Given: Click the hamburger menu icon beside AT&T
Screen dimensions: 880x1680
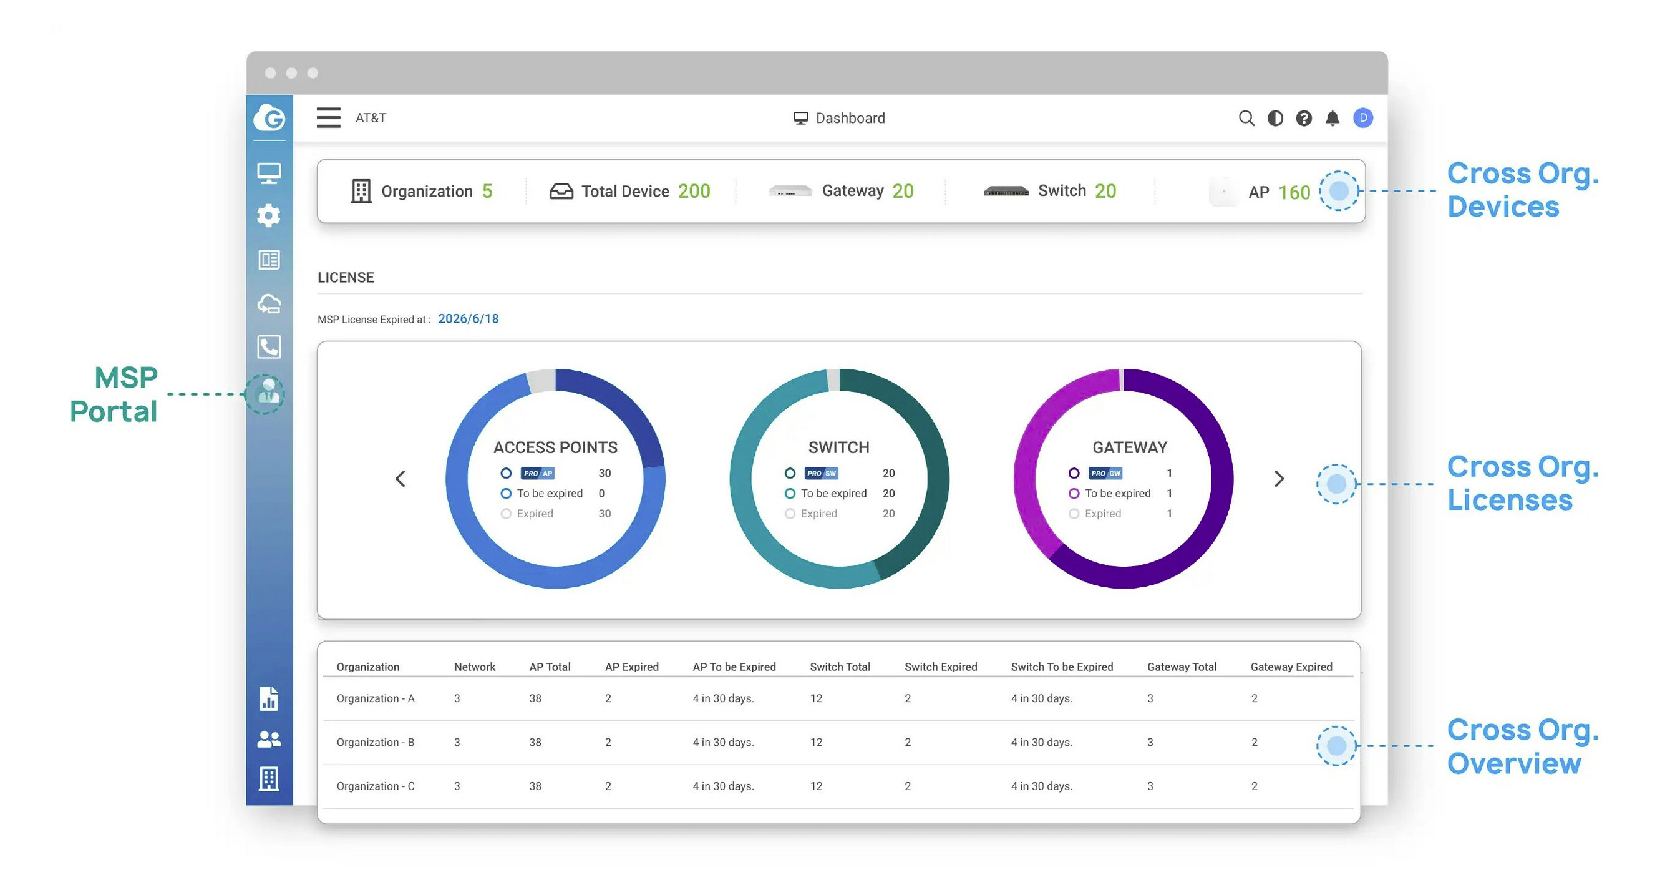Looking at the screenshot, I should tap(328, 118).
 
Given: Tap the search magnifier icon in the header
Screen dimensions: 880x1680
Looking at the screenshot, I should tap(1246, 118).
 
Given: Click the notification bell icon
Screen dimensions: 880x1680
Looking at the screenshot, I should tap(1333, 118).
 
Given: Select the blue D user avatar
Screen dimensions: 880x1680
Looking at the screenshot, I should tap(1362, 118).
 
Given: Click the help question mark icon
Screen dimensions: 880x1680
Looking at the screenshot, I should tap(1304, 118).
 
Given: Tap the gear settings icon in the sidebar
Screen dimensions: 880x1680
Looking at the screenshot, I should tap(269, 216).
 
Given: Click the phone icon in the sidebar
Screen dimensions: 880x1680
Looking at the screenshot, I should tap(269, 346).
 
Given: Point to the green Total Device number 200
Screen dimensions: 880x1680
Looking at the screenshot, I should tap(694, 191).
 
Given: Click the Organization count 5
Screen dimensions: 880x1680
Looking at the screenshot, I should tap(487, 191).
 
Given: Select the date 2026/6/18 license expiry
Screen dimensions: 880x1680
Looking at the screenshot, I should tap(469, 318).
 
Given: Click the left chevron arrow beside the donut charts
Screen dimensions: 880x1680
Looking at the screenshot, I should tap(401, 479).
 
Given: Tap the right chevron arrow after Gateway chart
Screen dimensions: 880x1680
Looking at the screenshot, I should tap(1279, 479).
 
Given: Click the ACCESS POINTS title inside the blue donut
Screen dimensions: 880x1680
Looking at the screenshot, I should tap(555, 447).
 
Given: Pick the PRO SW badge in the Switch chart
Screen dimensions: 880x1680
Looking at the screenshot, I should tap(820, 473).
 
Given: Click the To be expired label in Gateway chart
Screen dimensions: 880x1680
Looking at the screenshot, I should tap(1117, 493).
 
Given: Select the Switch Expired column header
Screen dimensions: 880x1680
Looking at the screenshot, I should tap(940, 667).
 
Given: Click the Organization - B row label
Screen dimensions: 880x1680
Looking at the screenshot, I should tap(375, 742).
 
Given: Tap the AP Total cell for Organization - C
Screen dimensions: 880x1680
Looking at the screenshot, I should tap(535, 786).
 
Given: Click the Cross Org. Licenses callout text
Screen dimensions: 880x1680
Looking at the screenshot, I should tap(1522, 484).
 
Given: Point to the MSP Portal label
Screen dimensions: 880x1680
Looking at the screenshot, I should tap(114, 394).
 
